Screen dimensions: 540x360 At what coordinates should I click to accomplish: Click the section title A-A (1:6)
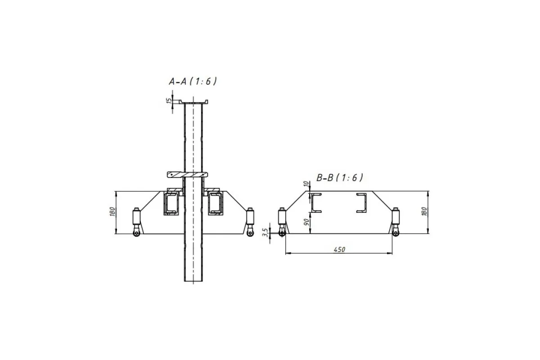193,81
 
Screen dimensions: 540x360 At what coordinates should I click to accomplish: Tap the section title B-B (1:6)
339,178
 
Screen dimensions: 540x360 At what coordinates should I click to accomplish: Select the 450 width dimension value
339,250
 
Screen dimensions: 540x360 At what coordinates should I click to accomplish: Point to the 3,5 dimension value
266,233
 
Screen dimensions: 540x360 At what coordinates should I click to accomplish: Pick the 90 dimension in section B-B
306,222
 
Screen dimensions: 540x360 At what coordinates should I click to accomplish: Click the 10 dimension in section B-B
306,184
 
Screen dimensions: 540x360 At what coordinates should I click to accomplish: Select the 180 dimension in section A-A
112,211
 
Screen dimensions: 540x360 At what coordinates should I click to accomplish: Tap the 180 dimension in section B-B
425,211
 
